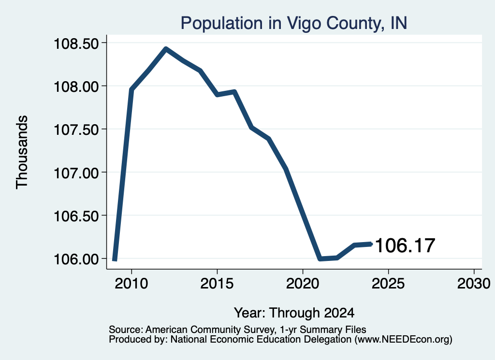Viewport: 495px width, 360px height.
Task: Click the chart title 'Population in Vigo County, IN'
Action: (294, 23)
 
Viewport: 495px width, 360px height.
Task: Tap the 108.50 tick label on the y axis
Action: (76, 43)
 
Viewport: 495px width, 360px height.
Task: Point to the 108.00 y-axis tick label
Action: (76, 86)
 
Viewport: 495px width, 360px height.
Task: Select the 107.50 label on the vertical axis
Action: (76, 130)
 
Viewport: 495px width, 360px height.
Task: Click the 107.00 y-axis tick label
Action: (76, 173)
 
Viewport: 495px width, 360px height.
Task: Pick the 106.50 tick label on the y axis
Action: (76, 216)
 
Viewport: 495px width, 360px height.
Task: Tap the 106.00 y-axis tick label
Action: (76, 259)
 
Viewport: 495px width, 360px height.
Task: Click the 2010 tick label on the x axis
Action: (131, 284)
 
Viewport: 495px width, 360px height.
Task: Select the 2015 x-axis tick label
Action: (217, 284)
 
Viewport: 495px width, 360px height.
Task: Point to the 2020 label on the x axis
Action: (303, 284)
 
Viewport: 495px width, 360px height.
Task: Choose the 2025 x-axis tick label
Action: (388, 284)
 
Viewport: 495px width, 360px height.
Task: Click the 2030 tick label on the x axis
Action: (474, 284)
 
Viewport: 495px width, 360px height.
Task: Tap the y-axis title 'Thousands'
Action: (22, 152)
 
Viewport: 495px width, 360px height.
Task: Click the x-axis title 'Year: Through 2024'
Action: (294, 313)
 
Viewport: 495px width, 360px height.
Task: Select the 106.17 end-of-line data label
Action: (406, 245)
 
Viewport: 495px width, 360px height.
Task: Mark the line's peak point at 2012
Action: (166, 49)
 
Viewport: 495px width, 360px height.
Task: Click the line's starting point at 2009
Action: (115, 259)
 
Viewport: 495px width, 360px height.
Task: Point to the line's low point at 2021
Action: (320, 259)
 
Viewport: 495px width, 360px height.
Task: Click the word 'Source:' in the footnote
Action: (126, 330)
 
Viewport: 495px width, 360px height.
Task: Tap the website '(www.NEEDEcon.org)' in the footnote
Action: (404, 340)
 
